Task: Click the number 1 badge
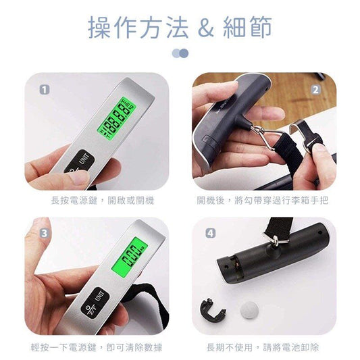click(x=45, y=90)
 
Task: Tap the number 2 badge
click(x=315, y=90)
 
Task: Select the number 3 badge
click(x=45, y=233)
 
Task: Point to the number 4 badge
click(x=211, y=233)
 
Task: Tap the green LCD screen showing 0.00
click(x=130, y=255)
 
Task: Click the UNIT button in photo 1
click(x=84, y=158)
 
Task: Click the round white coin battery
click(x=249, y=310)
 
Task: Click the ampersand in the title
click(x=206, y=27)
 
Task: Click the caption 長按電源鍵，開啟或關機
click(x=103, y=201)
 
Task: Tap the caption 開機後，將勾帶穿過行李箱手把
click(x=263, y=201)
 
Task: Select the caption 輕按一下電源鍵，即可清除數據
click(x=97, y=347)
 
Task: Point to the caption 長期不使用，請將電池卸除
click(x=263, y=347)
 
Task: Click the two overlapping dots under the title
click(x=180, y=53)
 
